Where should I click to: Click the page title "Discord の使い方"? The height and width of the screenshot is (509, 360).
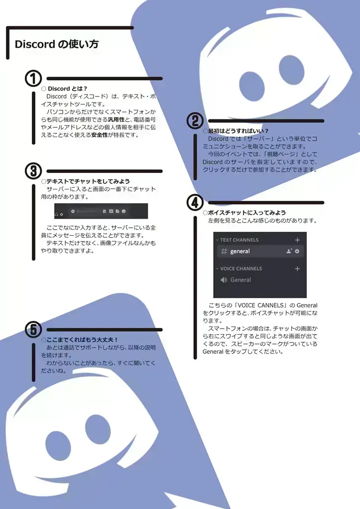pyautogui.click(x=56, y=44)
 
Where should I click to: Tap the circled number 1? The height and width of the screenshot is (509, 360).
pyautogui.click(x=33, y=79)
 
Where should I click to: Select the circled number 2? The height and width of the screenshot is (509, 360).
pyautogui.click(x=195, y=121)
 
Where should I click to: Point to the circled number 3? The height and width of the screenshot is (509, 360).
pyautogui.click(x=33, y=171)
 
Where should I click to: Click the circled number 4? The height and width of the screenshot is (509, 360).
pyautogui.click(x=195, y=202)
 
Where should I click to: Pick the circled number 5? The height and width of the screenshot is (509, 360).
pyautogui.click(x=33, y=329)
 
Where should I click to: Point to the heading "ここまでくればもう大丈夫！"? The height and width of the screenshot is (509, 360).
pyautogui.click(x=82, y=339)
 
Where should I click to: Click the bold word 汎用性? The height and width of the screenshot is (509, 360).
pyautogui.click(x=116, y=120)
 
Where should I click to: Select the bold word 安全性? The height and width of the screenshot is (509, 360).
pyautogui.click(x=99, y=135)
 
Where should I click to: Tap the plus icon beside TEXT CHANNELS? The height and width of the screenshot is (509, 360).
pyautogui.click(x=297, y=240)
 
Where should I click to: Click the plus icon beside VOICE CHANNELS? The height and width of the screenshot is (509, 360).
pyautogui.click(x=297, y=268)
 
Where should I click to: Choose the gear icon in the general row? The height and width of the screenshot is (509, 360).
pyautogui.click(x=297, y=252)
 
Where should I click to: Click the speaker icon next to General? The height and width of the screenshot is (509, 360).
pyautogui.click(x=223, y=280)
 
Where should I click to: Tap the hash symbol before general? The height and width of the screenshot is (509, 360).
pyautogui.click(x=224, y=252)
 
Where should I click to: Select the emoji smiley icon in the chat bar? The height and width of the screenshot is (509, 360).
pyautogui.click(x=123, y=211)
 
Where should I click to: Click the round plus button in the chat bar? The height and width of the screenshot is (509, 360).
pyautogui.click(x=73, y=211)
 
